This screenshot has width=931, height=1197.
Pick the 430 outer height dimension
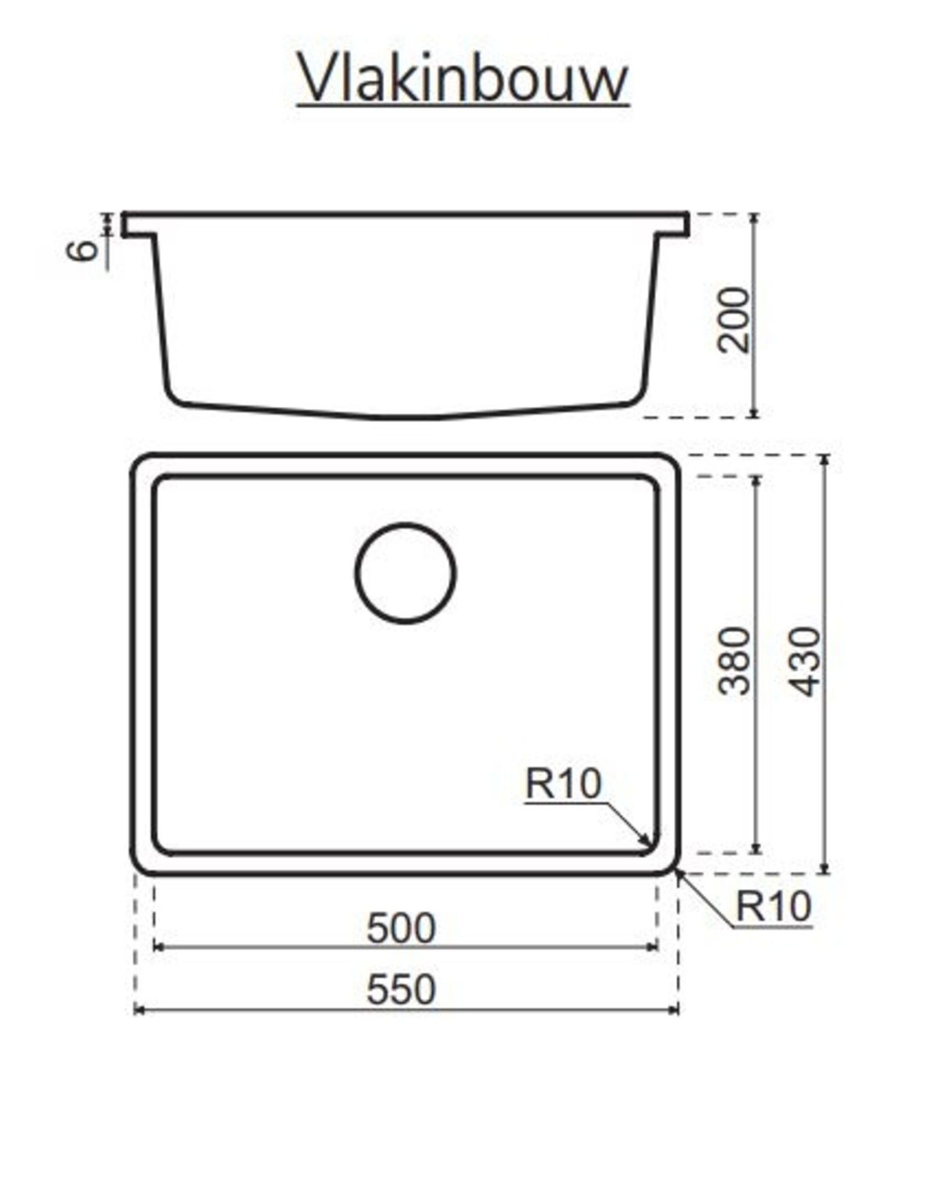(807, 661)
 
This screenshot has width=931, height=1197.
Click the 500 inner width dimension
(400, 928)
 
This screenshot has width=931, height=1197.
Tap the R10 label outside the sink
(773, 906)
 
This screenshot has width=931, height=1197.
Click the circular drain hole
(405, 573)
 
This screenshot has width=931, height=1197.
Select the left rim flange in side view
(138, 226)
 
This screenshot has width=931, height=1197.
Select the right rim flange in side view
(672, 226)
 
